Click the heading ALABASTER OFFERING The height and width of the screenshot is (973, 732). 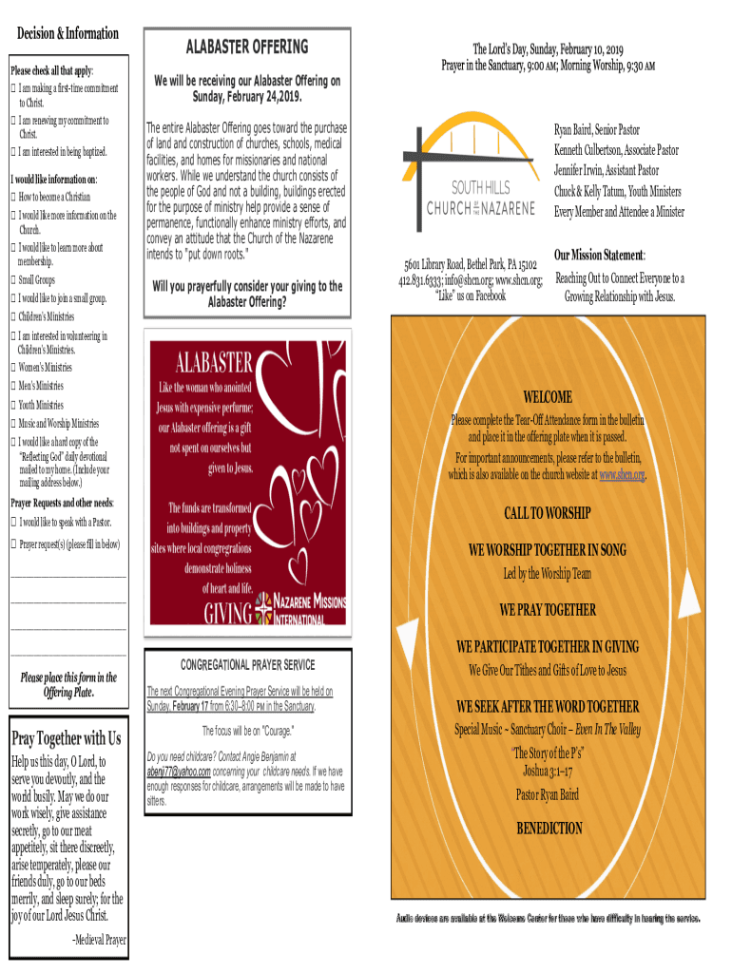coord(246,47)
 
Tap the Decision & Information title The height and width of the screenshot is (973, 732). coord(67,34)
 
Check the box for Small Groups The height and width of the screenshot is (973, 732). coord(13,280)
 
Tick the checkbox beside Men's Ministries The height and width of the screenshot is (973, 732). coord(13,386)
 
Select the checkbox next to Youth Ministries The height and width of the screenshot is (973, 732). coord(13,405)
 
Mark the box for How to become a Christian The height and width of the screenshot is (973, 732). coord(13,197)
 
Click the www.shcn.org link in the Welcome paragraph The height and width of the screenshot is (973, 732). coord(622,474)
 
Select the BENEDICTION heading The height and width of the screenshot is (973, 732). coord(549,829)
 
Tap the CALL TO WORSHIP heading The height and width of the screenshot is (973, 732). coord(547,514)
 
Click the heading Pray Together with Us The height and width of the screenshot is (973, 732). coord(66,738)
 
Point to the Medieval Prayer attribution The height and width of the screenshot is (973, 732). coord(99,940)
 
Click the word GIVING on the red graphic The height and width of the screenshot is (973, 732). coord(228,610)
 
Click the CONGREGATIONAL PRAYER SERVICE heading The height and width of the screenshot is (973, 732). coord(247,664)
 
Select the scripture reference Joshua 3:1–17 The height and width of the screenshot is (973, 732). coord(548,771)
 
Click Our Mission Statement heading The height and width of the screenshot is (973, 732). coord(600,257)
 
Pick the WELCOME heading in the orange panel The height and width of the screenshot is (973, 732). coord(548,396)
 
